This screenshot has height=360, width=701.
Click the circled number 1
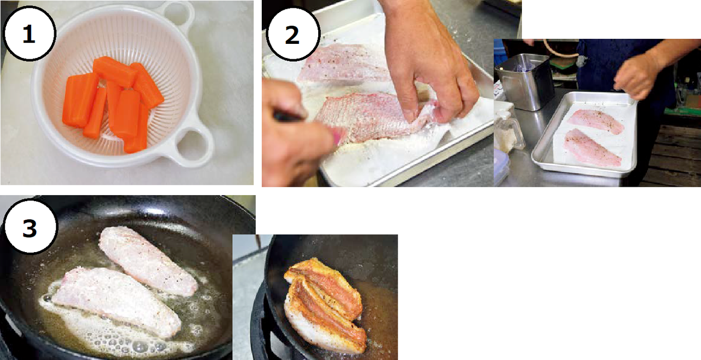point(29,33)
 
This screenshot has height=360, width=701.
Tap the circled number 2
point(292,34)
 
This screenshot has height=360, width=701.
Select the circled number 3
point(30,227)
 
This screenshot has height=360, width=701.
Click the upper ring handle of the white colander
point(178,14)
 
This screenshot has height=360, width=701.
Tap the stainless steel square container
point(525,82)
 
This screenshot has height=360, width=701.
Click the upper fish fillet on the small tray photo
point(595,122)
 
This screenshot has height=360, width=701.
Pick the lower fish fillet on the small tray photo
point(591,148)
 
